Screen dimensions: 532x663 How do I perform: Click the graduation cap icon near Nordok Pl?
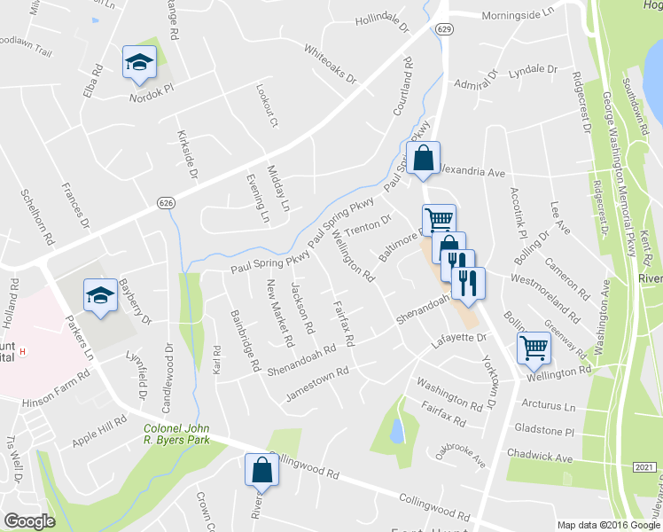tap(139, 62)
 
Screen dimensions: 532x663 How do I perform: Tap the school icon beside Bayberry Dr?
tap(101, 295)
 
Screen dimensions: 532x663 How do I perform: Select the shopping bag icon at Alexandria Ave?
tap(425, 158)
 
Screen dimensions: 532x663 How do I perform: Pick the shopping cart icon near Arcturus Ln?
tap(534, 348)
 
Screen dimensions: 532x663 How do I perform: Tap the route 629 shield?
tap(443, 29)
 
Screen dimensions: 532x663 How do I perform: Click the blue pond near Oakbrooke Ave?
tap(397, 431)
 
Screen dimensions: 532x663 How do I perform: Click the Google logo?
tap(29, 521)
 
